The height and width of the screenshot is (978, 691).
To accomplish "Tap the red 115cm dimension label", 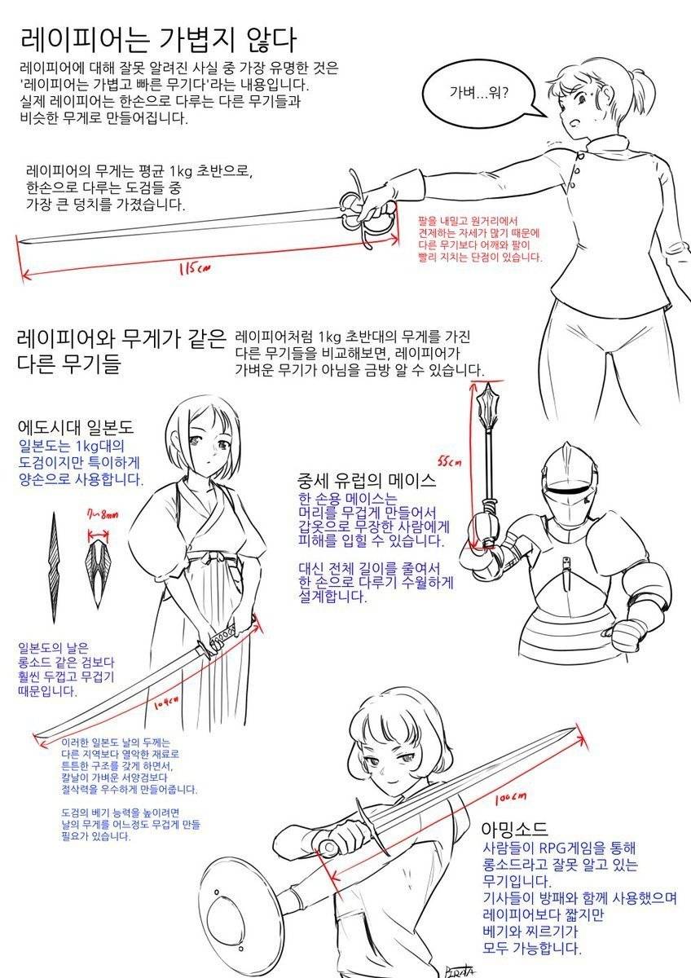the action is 194,267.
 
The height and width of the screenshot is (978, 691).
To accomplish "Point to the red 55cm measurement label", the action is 449,461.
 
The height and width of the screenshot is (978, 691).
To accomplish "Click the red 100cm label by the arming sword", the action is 510,798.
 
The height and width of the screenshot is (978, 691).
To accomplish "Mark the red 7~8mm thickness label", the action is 103,515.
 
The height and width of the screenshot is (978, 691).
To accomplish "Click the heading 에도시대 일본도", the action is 76,426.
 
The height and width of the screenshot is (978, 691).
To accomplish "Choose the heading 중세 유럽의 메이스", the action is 367,481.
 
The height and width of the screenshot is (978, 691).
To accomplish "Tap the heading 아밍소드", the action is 514,828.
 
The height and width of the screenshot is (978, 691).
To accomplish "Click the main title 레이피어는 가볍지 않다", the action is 158,40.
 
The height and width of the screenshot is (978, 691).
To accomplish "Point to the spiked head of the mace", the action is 487,405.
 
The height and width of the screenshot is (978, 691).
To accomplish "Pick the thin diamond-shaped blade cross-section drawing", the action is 54,567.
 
